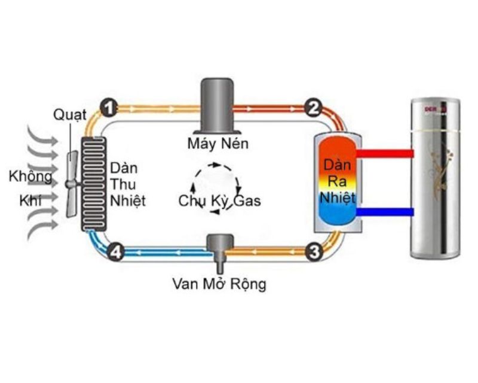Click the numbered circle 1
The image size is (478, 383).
(x=108, y=108)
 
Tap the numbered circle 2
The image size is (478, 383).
(x=312, y=108)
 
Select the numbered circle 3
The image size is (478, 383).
(x=312, y=252)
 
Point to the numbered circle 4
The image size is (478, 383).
(x=117, y=253)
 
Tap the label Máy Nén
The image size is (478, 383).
(x=217, y=144)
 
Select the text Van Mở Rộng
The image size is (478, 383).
(x=216, y=283)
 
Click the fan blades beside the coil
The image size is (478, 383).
(x=71, y=183)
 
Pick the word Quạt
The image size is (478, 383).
(x=70, y=114)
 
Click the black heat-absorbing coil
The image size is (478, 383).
(x=94, y=183)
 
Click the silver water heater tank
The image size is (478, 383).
(x=435, y=180)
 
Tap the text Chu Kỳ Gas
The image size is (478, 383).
(x=220, y=201)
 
